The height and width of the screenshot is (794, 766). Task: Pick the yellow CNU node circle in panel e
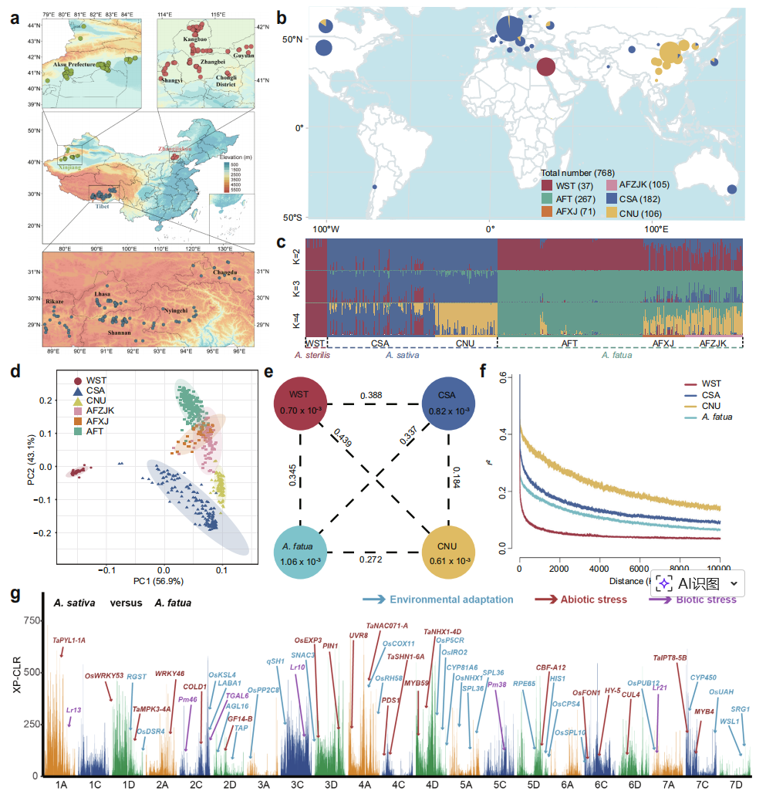pyautogui.click(x=450, y=554)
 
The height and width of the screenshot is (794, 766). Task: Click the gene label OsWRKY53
pyautogui.click(x=103, y=676)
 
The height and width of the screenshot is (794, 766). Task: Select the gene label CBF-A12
pyautogui.click(x=551, y=667)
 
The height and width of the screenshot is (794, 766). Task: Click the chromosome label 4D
pyautogui.click(x=432, y=784)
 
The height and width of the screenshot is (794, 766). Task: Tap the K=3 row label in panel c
pyautogui.click(x=295, y=286)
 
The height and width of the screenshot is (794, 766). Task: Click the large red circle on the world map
pyautogui.click(x=545, y=68)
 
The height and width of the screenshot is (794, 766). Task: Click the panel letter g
pyautogui.click(x=15, y=596)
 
